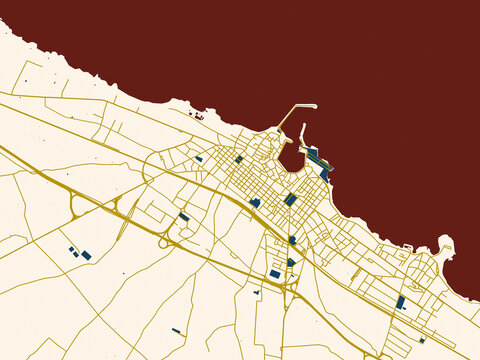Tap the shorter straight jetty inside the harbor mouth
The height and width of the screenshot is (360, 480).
(302, 136)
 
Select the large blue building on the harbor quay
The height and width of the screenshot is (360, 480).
(313, 153)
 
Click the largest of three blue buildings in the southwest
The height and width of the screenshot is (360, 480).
(86, 256)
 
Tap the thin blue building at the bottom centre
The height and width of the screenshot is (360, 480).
(176, 331)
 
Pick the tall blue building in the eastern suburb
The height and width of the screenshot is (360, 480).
(400, 302)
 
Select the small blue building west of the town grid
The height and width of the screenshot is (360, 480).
(199, 159)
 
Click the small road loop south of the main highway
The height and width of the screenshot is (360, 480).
(163, 243)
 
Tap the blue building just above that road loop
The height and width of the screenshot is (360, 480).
(184, 216)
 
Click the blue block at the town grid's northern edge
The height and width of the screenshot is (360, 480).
(239, 158)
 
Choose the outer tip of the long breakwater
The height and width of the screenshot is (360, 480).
(314, 106)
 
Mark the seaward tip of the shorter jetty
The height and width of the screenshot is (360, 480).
(303, 126)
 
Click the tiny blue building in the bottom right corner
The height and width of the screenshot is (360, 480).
(422, 340)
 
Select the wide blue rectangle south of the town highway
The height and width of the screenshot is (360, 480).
(275, 274)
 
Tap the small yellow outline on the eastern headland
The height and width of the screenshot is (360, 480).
(443, 253)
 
